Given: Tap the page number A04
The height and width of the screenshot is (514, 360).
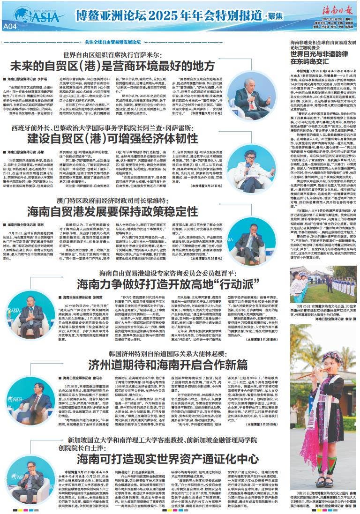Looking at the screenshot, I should [x=10, y=27].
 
